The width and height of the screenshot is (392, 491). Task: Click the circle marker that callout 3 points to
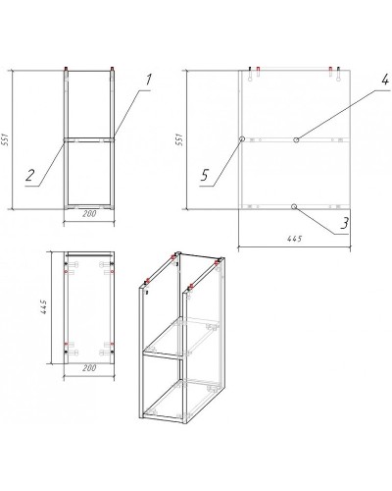[294, 206]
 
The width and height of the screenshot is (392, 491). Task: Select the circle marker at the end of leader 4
[295, 140]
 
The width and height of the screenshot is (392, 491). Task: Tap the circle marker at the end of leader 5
[241, 140]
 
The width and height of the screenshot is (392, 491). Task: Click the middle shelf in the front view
[89, 140]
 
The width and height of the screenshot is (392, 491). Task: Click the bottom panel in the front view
[89, 206]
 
